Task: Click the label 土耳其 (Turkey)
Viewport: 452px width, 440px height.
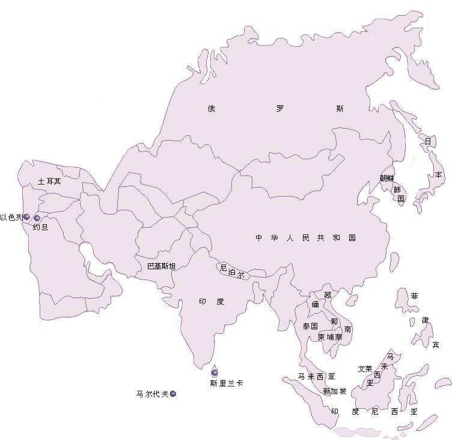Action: (49, 181)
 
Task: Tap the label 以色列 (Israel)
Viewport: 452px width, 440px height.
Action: (11, 217)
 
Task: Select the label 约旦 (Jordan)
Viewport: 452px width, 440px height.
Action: (40, 228)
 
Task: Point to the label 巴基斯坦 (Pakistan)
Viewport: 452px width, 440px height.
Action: (162, 266)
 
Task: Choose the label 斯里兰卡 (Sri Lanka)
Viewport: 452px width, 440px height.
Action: (227, 383)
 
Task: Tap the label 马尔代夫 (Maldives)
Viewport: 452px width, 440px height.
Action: (152, 394)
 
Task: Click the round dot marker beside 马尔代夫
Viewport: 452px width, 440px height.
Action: (173, 394)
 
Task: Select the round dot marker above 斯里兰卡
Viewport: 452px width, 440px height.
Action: (215, 373)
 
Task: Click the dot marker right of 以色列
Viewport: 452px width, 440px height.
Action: (37, 218)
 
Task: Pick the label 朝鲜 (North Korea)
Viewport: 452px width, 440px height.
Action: (386, 178)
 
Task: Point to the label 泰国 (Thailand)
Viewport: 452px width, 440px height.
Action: (310, 326)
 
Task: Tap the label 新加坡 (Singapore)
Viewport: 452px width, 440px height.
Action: (334, 391)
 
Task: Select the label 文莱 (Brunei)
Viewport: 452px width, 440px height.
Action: (365, 368)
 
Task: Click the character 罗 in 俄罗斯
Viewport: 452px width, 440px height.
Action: (279, 109)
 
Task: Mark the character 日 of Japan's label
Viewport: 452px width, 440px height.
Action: (428, 141)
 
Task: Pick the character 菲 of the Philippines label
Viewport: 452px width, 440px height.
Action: (414, 296)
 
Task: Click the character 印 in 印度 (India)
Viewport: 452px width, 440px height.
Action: (203, 301)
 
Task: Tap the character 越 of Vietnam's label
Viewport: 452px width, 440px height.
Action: (328, 295)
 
